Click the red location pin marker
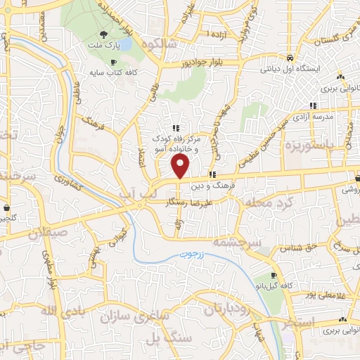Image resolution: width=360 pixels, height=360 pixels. [181, 166]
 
